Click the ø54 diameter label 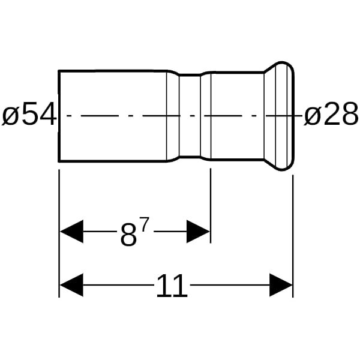click(x=29, y=115)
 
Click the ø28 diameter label click(x=331, y=115)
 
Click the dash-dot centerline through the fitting click(x=120, y=116)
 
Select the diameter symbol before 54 click(x=10, y=115)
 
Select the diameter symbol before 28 click(x=312, y=115)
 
